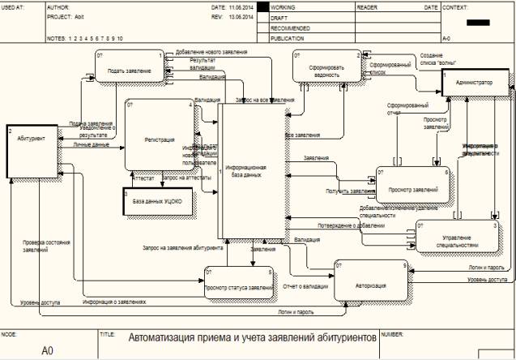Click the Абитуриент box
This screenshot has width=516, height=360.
(x=32, y=151)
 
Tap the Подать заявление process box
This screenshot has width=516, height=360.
(x=128, y=71)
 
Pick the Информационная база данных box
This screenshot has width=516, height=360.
(x=252, y=172)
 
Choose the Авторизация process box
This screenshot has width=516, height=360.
(x=369, y=285)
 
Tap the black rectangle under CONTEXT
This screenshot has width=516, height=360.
(x=482, y=23)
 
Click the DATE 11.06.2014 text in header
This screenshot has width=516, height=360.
(x=229, y=6)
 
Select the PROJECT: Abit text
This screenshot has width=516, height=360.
(x=66, y=15)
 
